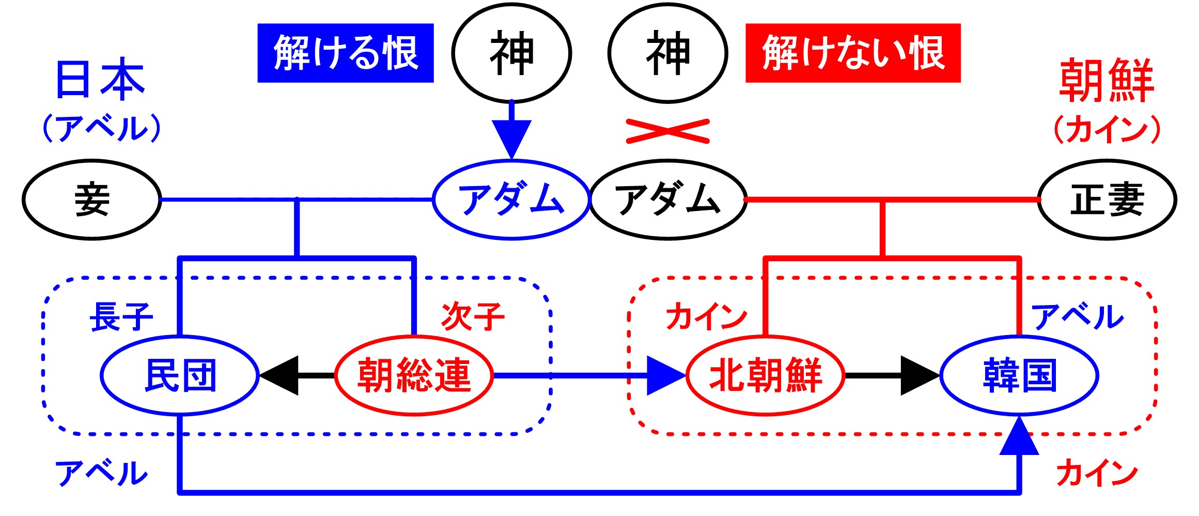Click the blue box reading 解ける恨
click(x=345, y=53)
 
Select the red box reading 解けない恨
click(x=852, y=53)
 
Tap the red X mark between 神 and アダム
click(x=667, y=131)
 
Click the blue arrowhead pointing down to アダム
click(x=511, y=138)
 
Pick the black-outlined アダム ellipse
click(x=668, y=200)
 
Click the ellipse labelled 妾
click(x=92, y=200)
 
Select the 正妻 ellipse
click(x=1107, y=200)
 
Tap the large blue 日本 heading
click(x=100, y=80)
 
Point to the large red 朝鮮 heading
click(x=1107, y=80)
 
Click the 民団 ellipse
click(x=180, y=375)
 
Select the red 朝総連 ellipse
click(x=414, y=375)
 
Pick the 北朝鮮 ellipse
click(x=766, y=375)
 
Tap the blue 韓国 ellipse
click(x=1019, y=375)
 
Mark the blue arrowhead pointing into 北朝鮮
click(x=665, y=375)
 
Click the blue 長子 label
click(x=121, y=316)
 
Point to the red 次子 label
click(x=473, y=316)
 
